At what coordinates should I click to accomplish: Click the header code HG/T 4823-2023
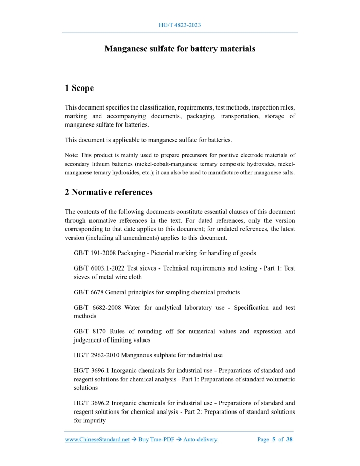[180, 25]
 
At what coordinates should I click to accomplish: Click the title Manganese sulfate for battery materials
[180, 49]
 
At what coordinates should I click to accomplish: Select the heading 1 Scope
[79, 88]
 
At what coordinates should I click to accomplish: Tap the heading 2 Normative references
[109, 192]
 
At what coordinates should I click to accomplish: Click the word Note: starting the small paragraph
[73, 155]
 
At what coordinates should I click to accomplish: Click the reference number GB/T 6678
[88, 292]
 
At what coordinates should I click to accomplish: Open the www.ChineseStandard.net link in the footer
[97, 440]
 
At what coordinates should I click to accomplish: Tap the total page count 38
[290, 440]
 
